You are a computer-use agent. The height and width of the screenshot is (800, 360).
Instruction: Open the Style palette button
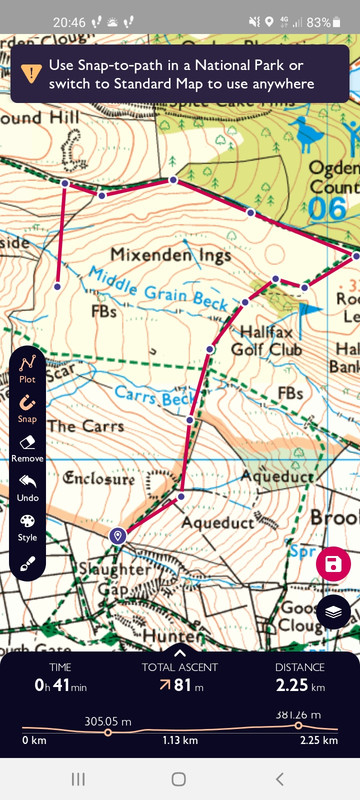pos(28,525)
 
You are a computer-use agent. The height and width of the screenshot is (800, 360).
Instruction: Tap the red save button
pos(333,565)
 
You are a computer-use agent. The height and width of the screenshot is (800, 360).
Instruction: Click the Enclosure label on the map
pos(98,479)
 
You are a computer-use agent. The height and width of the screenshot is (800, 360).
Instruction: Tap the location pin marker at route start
pos(119,537)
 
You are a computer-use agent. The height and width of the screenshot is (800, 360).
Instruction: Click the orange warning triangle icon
pos(32,72)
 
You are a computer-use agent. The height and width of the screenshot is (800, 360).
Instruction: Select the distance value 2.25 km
pos(300,686)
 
